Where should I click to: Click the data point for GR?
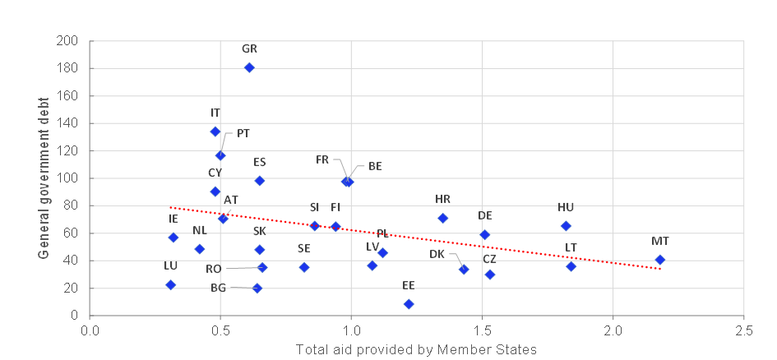click(x=249, y=67)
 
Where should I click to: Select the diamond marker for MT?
click(x=659, y=260)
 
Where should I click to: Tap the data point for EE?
click(x=409, y=304)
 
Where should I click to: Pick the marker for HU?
click(x=566, y=226)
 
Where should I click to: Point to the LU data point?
click(x=170, y=284)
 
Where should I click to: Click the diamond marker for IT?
click(x=215, y=131)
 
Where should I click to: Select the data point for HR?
click(x=443, y=218)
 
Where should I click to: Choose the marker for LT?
click(x=571, y=266)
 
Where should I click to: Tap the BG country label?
click(x=218, y=288)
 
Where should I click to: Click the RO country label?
click(x=214, y=268)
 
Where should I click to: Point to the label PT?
click(x=243, y=133)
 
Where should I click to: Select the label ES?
click(x=260, y=162)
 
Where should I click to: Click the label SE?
click(x=304, y=248)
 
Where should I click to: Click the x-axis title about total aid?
click(x=417, y=349)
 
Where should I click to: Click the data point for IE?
click(x=173, y=238)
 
